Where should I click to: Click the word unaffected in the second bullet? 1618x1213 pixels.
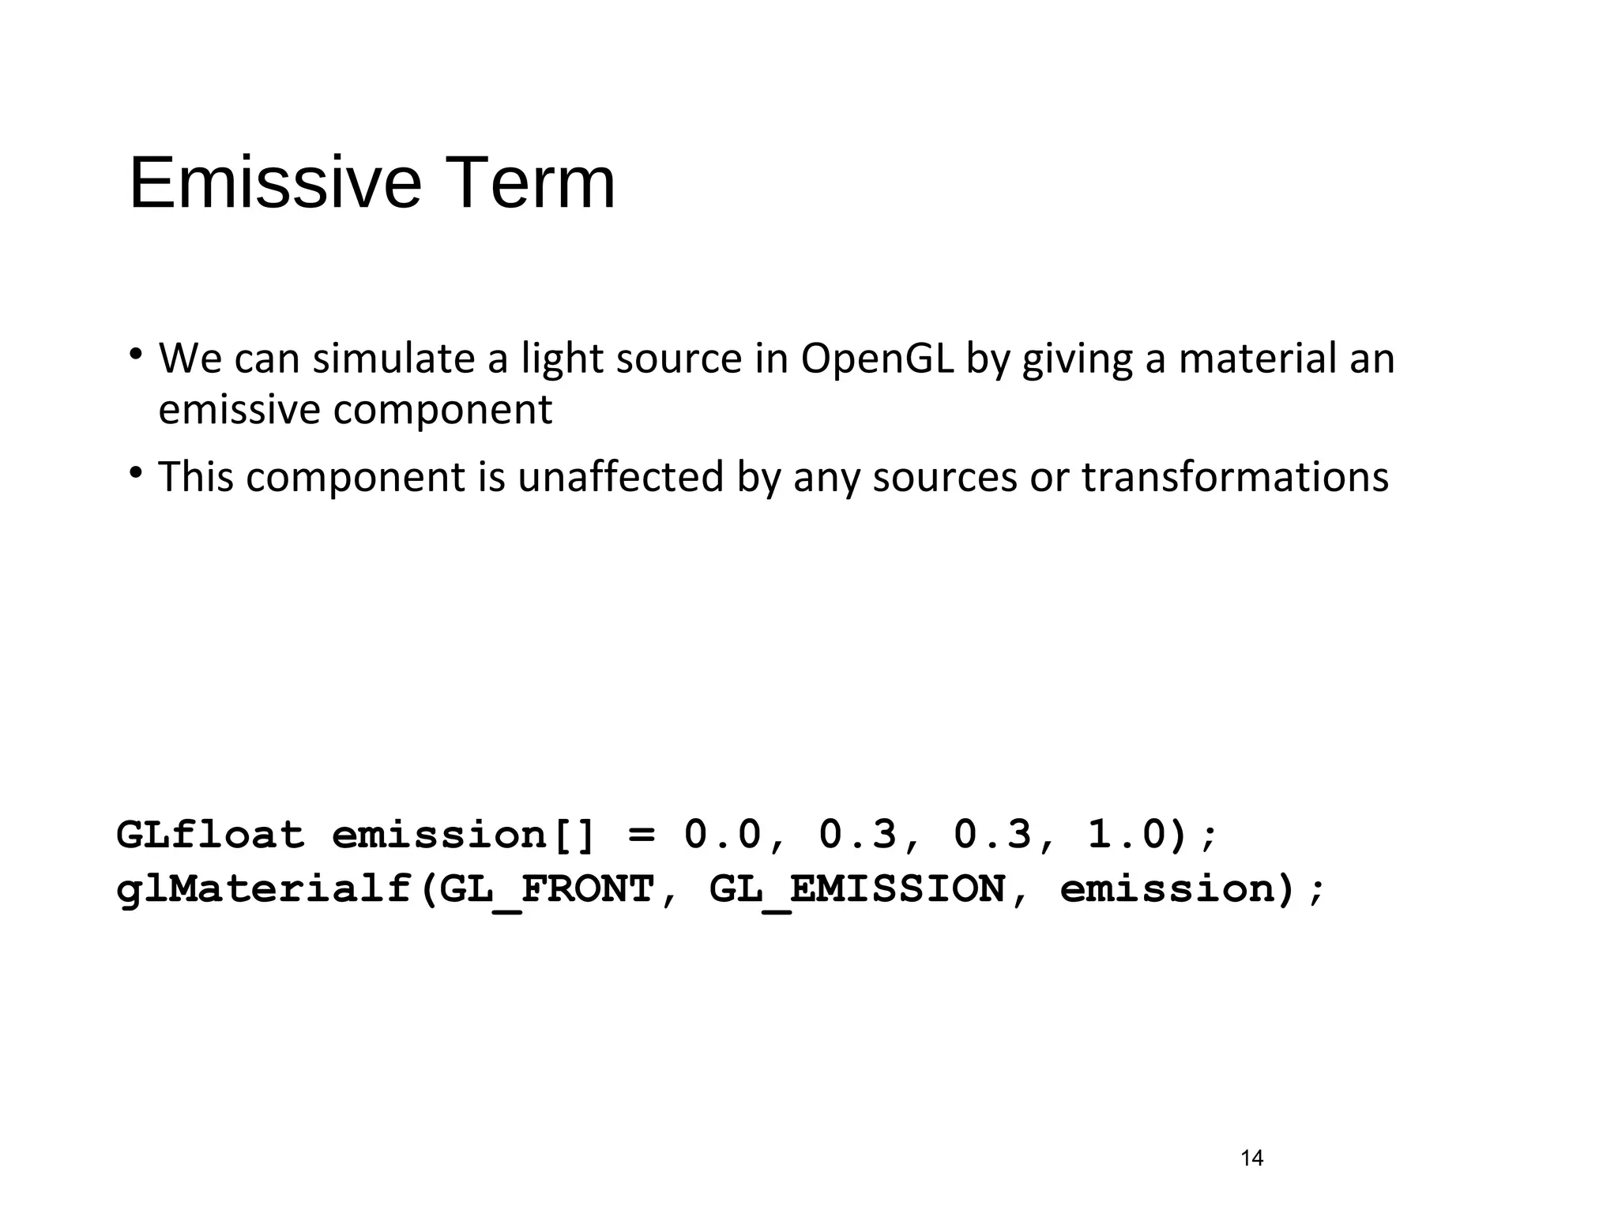coord(620,477)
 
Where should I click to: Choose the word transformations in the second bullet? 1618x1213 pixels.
coord(1235,477)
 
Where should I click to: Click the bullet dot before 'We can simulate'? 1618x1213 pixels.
coord(136,353)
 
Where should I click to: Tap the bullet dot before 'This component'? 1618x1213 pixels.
coord(136,472)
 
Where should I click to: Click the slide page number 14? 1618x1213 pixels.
coord(1252,1159)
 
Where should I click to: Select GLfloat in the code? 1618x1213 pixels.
coord(210,835)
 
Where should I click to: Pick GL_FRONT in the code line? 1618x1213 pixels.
coord(547,889)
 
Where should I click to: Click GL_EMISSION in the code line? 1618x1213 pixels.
coord(857,889)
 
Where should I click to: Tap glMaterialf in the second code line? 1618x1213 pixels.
coord(264,889)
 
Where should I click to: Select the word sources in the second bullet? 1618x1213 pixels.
coord(945,477)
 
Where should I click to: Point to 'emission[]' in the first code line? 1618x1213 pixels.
coord(462,835)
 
